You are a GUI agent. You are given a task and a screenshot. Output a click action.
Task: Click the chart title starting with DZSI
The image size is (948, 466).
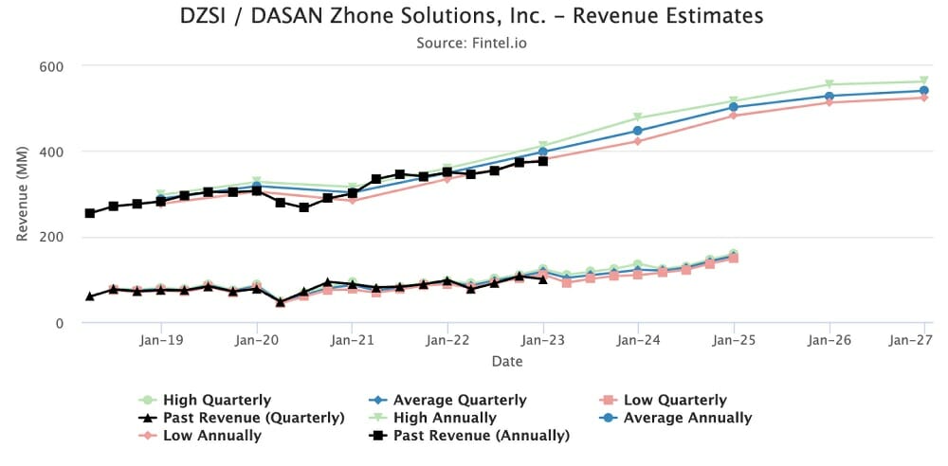471,17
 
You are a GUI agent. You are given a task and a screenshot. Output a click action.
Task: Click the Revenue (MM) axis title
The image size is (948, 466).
23,194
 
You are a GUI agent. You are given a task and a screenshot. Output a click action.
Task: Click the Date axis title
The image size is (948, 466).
506,361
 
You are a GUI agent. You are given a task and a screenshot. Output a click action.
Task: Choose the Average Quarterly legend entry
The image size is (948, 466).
459,400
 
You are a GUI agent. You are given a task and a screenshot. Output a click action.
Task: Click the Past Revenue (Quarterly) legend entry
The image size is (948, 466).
252,418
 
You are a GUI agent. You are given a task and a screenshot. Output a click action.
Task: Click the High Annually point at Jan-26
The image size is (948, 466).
829,85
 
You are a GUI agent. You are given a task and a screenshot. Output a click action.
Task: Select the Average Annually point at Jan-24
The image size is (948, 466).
638,131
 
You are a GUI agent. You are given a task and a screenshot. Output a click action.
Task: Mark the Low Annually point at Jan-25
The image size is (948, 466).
734,116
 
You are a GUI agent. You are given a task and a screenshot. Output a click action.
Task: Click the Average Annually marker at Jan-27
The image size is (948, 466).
924,91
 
